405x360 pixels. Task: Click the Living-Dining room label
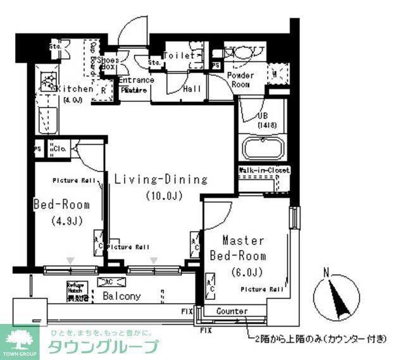tap(161, 179)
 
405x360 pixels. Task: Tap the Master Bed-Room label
tap(244, 249)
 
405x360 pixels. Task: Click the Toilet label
tap(180, 56)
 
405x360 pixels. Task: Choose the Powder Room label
tap(240, 80)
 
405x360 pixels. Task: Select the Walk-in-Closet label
tap(265, 171)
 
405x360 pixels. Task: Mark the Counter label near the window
tap(232, 311)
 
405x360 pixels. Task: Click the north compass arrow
tap(335, 297)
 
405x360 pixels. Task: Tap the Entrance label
tap(135, 80)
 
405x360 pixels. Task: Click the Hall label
tap(192, 89)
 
